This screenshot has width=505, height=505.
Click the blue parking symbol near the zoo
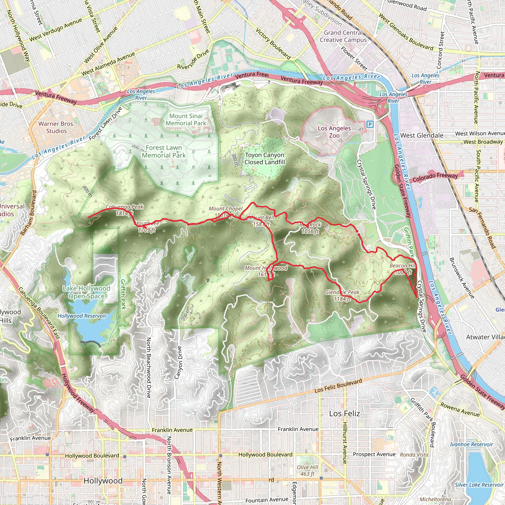point(370,124)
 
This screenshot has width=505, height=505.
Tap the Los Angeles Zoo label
point(334,132)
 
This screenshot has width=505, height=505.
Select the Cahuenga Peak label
point(125,210)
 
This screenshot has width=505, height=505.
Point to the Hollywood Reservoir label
point(82,316)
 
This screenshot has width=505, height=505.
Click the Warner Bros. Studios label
point(56,127)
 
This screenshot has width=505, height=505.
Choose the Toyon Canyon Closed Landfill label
point(265,158)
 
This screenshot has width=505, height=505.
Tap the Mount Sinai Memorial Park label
point(186,119)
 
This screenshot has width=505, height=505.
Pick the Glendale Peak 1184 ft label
point(342,295)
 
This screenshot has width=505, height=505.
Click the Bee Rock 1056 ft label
point(310,228)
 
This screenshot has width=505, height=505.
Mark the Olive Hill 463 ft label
point(307,470)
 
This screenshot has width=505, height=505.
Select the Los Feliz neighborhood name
point(344,414)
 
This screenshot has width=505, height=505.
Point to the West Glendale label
point(422,135)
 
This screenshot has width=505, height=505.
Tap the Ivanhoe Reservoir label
point(471,444)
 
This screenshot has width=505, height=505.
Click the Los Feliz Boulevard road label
point(338,386)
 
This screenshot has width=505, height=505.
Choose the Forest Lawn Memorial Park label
point(164,151)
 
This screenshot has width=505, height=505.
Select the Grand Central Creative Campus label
point(343,36)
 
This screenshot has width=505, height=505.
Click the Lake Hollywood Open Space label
point(87,292)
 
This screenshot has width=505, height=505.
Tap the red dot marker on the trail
point(357,231)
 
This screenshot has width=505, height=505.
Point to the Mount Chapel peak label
point(225,212)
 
